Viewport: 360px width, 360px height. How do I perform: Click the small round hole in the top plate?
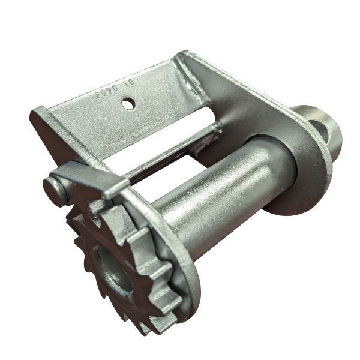click(x=128, y=104)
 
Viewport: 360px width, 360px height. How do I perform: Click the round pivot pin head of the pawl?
click(x=55, y=191)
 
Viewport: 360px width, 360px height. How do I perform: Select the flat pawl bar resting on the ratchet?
click(x=84, y=177)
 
